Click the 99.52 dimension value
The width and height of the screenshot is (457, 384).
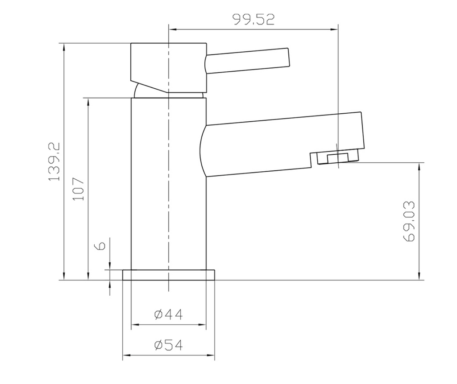253,20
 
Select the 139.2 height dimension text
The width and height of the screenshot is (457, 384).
54,162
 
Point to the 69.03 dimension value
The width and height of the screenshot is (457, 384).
409,221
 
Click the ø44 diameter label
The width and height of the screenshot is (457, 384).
169,314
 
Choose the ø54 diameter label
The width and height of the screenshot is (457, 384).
169,345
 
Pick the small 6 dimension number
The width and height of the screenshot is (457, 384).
101,245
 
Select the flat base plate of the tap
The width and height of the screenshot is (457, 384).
169,275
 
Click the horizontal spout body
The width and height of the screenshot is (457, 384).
277,143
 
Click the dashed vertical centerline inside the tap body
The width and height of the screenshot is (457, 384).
169,187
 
